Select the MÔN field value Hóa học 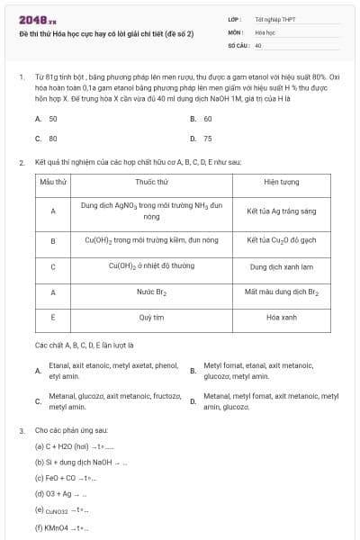pyautogui.click(x=265, y=31)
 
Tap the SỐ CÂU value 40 pyautogui.click(x=258, y=44)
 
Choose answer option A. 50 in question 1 pyautogui.click(x=46, y=119)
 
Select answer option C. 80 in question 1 pyautogui.click(x=46, y=139)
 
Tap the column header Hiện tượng pyautogui.click(x=282, y=182)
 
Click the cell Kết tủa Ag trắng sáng pyautogui.click(x=282, y=211)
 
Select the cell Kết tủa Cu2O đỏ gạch pyautogui.click(x=282, y=241)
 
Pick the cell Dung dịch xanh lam pyautogui.click(x=282, y=266)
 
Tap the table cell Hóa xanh pyautogui.click(x=282, y=318)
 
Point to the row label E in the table pyautogui.click(x=53, y=318)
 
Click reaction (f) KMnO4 pyautogui.click(x=63, y=527)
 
